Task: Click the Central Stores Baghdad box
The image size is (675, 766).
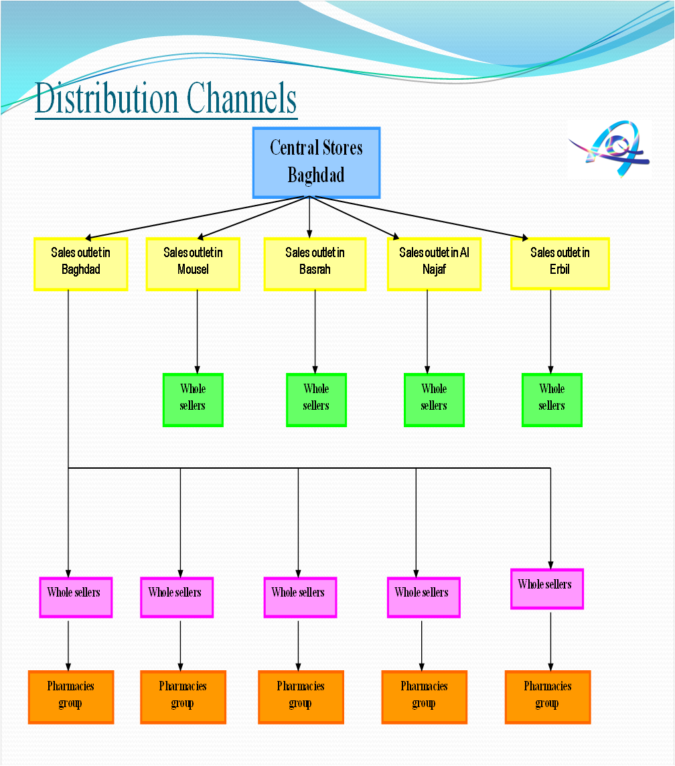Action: click(x=316, y=163)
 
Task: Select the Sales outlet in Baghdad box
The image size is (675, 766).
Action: click(x=80, y=264)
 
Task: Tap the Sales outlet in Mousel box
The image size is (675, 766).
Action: click(x=193, y=264)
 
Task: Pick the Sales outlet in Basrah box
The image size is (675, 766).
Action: click(x=315, y=264)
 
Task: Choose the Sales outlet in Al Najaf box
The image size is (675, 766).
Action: click(x=434, y=264)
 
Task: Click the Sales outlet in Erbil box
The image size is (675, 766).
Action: click(x=560, y=263)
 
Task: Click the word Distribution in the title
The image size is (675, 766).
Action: click(x=106, y=98)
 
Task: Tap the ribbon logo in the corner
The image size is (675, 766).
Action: click(x=609, y=149)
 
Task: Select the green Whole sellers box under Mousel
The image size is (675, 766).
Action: click(x=193, y=400)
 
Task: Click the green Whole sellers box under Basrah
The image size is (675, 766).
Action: click(x=316, y=400)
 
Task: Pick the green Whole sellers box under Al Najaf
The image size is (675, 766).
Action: click(x=434, y=400)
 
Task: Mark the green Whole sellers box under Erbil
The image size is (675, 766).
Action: click(x=552, y=400)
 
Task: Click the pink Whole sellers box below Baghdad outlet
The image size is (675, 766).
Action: click(x=75, y=597)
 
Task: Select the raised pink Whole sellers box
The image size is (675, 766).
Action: click(x=546, y=589)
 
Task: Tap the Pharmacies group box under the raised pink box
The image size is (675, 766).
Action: click(x=547, y=696)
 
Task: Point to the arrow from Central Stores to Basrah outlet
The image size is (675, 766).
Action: click(x=309, y=218)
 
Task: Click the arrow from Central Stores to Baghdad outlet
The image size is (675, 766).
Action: click(x=194, y=218)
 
